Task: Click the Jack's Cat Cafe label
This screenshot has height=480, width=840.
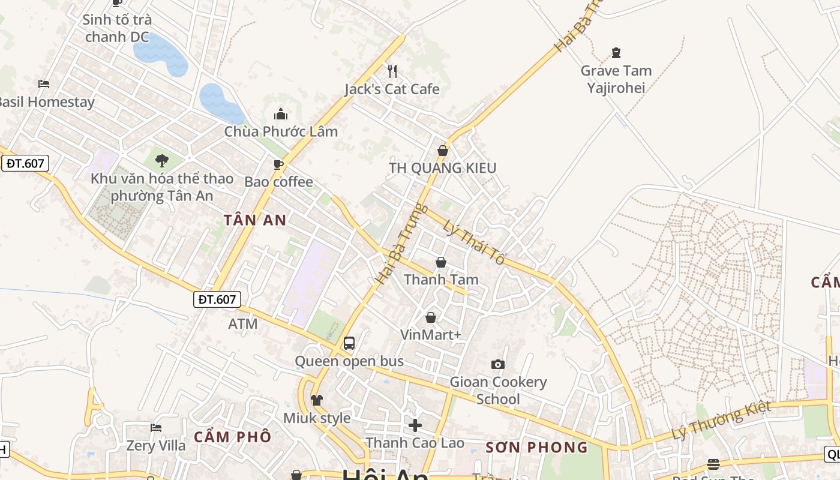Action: tap(392, 89)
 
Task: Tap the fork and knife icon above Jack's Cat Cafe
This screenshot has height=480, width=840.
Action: tap(392, 71)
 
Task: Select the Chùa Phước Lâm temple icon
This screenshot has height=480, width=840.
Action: tap(281, 114)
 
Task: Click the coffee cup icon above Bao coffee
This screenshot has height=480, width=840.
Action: tap(278, 164)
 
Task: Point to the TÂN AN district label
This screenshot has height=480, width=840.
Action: tap(255, 220)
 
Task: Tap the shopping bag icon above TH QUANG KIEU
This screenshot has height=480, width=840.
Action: tap(443, 151)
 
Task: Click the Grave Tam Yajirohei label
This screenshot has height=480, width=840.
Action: tap(616, 79)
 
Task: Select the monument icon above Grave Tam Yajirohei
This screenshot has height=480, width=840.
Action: tap(616, 53)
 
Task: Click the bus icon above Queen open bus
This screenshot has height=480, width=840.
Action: tap(349, 343)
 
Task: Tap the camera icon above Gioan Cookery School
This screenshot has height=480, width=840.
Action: tap(497, 364)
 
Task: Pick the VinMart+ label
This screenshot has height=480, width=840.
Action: tap(430, 335)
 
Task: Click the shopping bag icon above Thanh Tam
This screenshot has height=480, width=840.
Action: tap(441, 262)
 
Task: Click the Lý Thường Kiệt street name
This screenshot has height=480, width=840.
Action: tap(721, 421)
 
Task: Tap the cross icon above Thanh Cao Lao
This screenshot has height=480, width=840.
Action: tap(415, 425)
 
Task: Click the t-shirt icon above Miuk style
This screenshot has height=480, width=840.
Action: tap(317, 400)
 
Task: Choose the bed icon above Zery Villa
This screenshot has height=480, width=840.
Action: tap(156, 428)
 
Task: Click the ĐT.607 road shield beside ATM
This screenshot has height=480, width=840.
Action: tap(217, 299)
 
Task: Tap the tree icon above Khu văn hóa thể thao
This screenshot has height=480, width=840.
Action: tap(161, 160)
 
